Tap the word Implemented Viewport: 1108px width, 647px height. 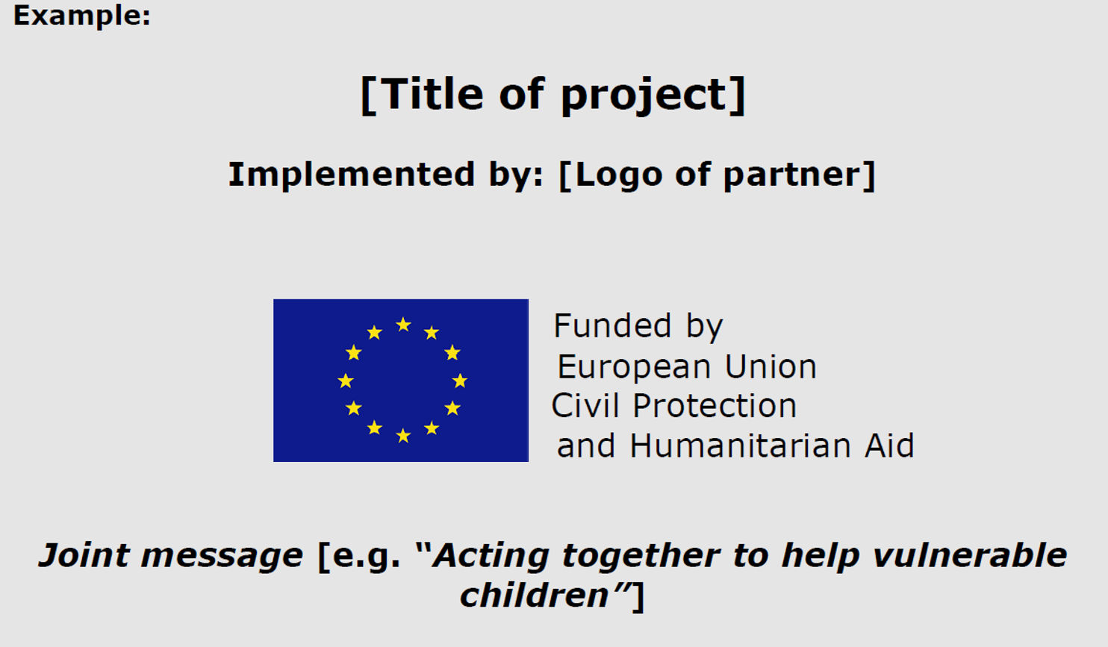coord(352,174)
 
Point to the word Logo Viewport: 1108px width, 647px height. coord(619,175)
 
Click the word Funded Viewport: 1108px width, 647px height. coord(612,325)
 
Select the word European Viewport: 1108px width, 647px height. coord(635,368)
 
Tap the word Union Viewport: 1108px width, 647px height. coord(771,366)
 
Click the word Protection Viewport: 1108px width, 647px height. coord(715,406)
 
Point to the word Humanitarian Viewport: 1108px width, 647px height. coord(741,446)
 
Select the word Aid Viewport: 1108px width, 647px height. coord(889,446)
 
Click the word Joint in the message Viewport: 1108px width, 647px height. coord(84,555)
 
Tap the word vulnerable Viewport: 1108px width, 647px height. coord(969,555)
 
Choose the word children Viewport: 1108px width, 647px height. coord(535,595)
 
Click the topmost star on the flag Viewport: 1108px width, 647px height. coord(404,325)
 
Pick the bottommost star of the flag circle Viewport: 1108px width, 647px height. coord(404,436)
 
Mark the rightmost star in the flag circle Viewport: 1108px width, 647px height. coord(459,381)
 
